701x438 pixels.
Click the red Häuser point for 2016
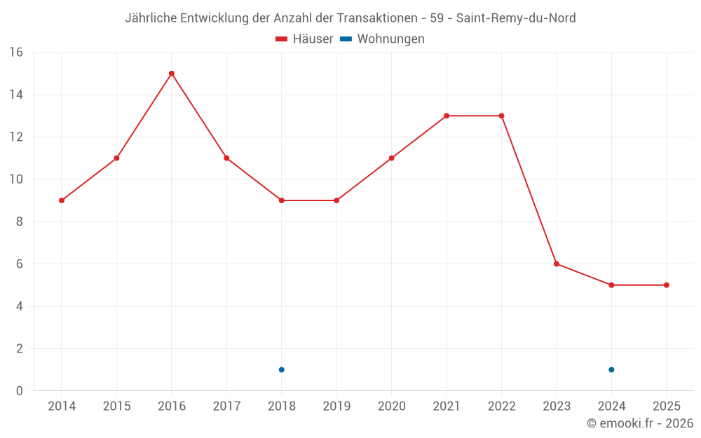[x=172, y=74]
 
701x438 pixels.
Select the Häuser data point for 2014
[x=62, y=200]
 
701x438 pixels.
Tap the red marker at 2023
[x=557, y=264]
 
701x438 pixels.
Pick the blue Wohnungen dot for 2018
[x=282, y=369]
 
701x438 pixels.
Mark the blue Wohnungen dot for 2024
[x=611, y=369]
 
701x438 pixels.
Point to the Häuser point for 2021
[x=447, y=116]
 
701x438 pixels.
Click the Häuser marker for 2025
[x=667, y=285]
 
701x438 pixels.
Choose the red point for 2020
[x=391, y=158]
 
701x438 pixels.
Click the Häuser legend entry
[x=305, y=39]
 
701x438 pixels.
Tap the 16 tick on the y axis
[x=16, y=53]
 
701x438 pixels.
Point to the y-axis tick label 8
[x=20, y=221]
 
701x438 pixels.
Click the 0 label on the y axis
[x=20, y=390]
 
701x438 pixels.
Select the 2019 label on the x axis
[x=336, y=406]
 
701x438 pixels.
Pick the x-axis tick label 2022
[x=501, y=406]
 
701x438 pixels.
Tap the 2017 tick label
[x=226, y=406]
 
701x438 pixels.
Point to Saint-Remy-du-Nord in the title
[x=516, y=18]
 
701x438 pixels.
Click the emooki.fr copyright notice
[x=640, y=423]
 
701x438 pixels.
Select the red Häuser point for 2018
[x=282, y=200]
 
